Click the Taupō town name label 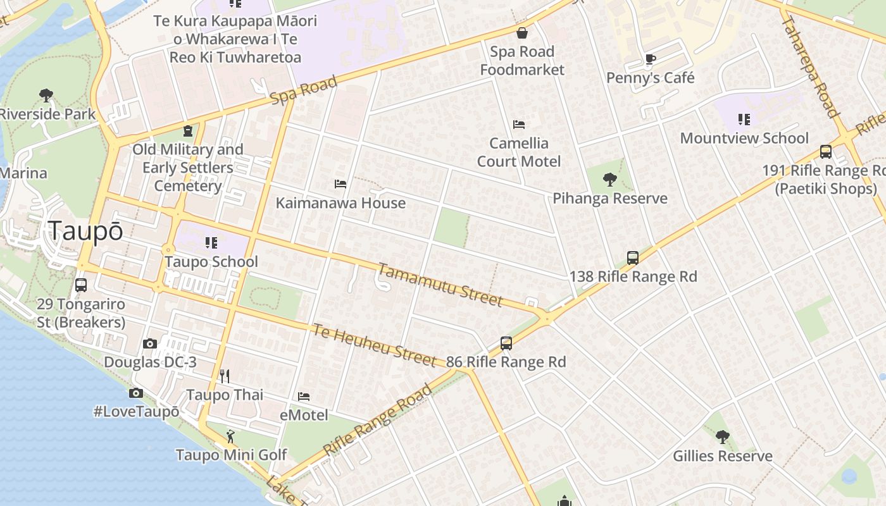click(85, 231)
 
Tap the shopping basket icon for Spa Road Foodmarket click(522, 33)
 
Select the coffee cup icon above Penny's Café click(650, 59)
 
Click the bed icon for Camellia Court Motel click(519, 125)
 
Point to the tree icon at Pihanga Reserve click(609, 180)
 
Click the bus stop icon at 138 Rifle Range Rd click(632, 258)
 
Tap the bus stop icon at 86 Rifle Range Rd click(506, 343)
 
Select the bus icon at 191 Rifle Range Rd click(825, 152)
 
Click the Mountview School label click(744, 138)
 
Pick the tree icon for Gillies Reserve click(722, 437)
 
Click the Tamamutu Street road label click(440, 285)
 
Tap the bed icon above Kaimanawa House click(340, 184)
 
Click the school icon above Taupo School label click(211, 243)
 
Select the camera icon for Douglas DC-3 click(150, 344)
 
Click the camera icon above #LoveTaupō click(135, 393)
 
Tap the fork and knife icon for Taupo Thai click(224, 376)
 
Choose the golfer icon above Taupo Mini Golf click(230, 436)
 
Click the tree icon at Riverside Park click(46, 96)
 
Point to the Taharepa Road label click(809, 66)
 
